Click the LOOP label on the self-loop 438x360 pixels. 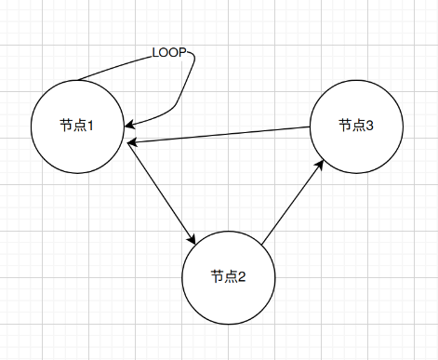[x=169, y=53]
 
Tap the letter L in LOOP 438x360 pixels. [x=155, y=53]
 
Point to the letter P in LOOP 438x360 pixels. [x=182, y=53]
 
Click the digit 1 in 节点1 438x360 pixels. [x=90, y=126]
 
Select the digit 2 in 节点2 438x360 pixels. [x=242, y=276]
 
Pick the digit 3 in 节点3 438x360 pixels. [x=369, y=126]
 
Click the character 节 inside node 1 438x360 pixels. [x=66, y=126]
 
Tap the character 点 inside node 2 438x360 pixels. [x=231, y=276]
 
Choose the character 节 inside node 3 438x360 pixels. [x=345, y=126]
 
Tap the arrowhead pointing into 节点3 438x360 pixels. [x=320, y=165]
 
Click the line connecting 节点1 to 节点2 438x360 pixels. [x=162, y=193]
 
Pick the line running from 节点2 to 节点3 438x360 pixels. [x=293, y=202]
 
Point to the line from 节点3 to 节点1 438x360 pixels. [x=219, y=135]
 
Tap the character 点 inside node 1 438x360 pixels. [x=79, y=126]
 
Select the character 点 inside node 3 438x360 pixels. [x=358, y=126]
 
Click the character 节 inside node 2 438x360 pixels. [x=217, y=276]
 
